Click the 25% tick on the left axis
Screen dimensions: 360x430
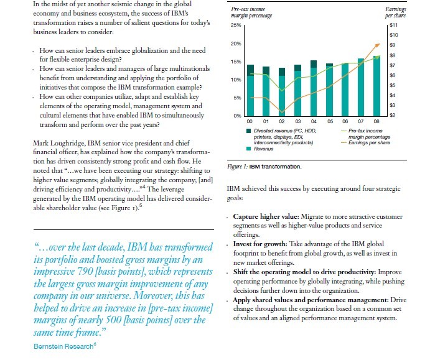[x=236, y=25]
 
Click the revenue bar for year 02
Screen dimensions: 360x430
[x=281, y=96]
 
